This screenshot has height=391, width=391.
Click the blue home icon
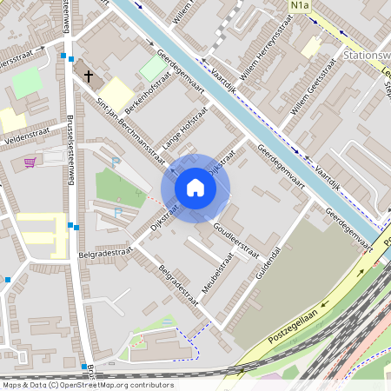(x=195, y=188)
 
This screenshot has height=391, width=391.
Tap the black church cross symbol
(x=88, y=76)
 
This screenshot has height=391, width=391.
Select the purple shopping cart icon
(x=30, y=162)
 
